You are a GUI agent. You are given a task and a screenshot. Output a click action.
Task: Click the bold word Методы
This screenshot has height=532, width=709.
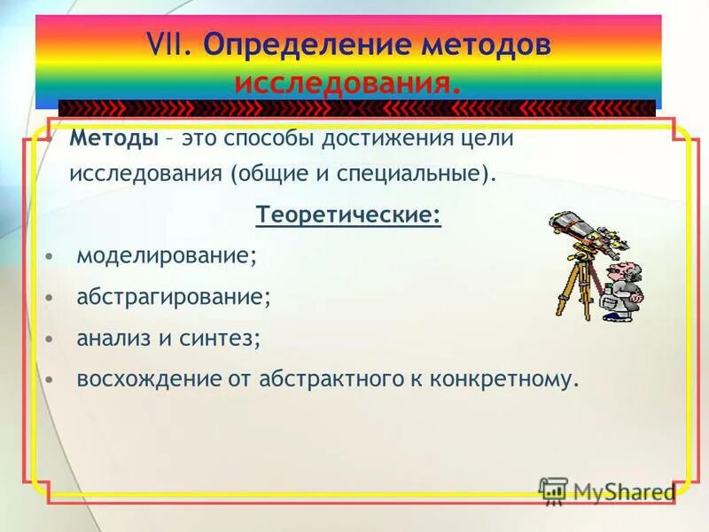(x=114, y=139)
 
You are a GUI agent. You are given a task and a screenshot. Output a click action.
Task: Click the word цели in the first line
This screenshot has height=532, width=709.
(x=488, y=139)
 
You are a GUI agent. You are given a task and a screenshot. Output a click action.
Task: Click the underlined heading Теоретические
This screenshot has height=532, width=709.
(x=348, y=215)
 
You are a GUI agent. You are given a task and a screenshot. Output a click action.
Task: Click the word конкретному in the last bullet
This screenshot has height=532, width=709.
(x=504, y=379)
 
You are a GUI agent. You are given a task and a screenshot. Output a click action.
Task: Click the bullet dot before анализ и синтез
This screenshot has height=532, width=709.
(x=51, y=339)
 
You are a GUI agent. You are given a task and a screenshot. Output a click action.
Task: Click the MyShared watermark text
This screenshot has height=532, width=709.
(x=620, y=491)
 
